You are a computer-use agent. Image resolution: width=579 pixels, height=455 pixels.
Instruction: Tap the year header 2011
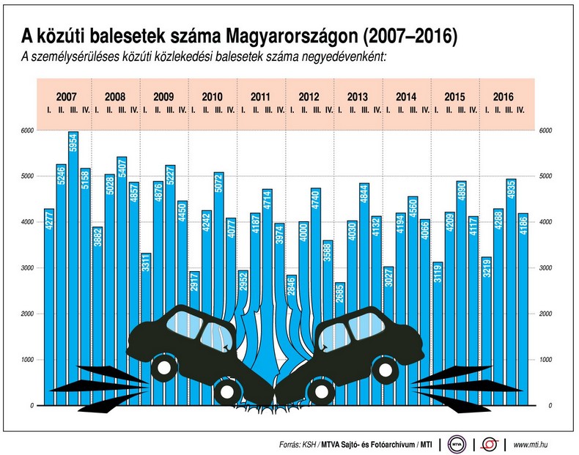pyautogui.click(x=260, y=97)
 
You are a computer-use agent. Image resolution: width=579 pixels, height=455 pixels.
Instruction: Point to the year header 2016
pyautogui.click(x=503, y=97)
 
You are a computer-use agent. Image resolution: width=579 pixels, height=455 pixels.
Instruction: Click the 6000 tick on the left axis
pyautogui.click(x=27, y=130)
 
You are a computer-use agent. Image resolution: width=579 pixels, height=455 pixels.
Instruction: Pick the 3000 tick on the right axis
pyautogui.click(x=545, y=268)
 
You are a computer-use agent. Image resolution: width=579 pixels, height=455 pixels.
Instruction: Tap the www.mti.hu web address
pyautogui.click(x=533, y=444)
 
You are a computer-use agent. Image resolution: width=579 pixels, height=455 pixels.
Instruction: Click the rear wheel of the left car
pyautogui.click(x=166, y=366)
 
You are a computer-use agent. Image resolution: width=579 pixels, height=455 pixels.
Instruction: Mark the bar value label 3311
pyautogui.click(x=146, y=267)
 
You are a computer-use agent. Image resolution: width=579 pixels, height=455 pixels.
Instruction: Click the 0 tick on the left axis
pyautogui.click(x=32, y=405)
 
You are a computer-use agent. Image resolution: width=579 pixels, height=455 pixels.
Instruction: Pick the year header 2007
pyautogui.click(x=67, y=97)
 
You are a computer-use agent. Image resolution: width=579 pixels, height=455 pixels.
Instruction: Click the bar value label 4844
pyautogui.click(x=364, y=198)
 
